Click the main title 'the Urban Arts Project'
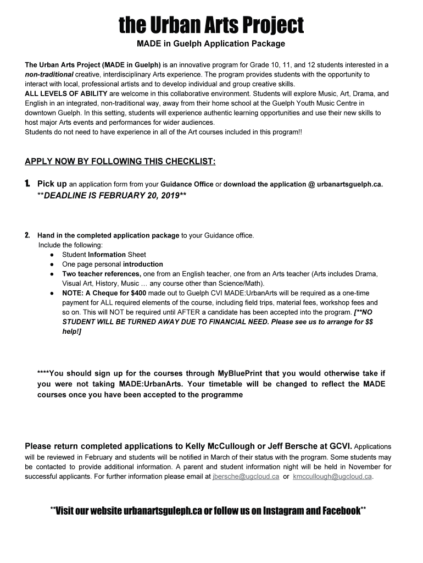[211, 25]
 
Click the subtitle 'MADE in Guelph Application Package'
[211, 44]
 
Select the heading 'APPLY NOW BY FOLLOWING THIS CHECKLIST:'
[120, 162]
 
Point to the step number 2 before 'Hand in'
[27, 235]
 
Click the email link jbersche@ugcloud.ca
[246, 477]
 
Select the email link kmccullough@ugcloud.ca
[332, 477]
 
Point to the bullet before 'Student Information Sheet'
[51, 255]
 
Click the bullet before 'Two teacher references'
[51, 274]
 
